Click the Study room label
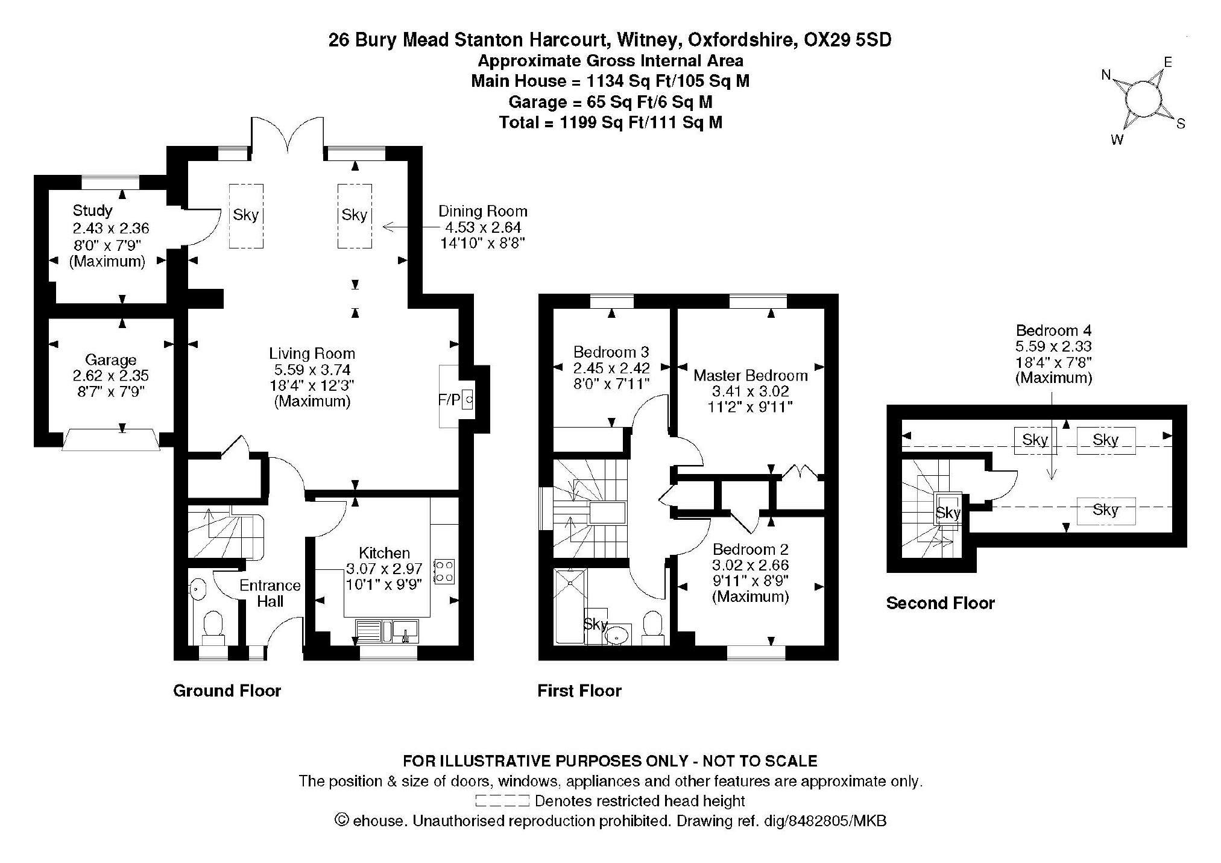(x=92, y=210)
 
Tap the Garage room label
(x=110, y=360)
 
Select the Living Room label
(x=312, y=353)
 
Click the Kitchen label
(x=384, y=552)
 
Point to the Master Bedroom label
(x=750, y=375)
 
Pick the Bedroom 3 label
(x=611, y=352)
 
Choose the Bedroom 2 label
(x=750, y=549)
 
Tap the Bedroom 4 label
(x=1053, y=330)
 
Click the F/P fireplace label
(x=449, y=400)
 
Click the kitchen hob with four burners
(x=444, y=572)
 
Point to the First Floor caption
(x=579, y=691)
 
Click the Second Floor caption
(x=940, y=603)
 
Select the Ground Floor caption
(x=227, y=691)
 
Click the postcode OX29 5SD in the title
(x=848, y=40)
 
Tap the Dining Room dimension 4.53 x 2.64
(x=482, y=227)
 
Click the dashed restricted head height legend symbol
(x=502, y=801)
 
